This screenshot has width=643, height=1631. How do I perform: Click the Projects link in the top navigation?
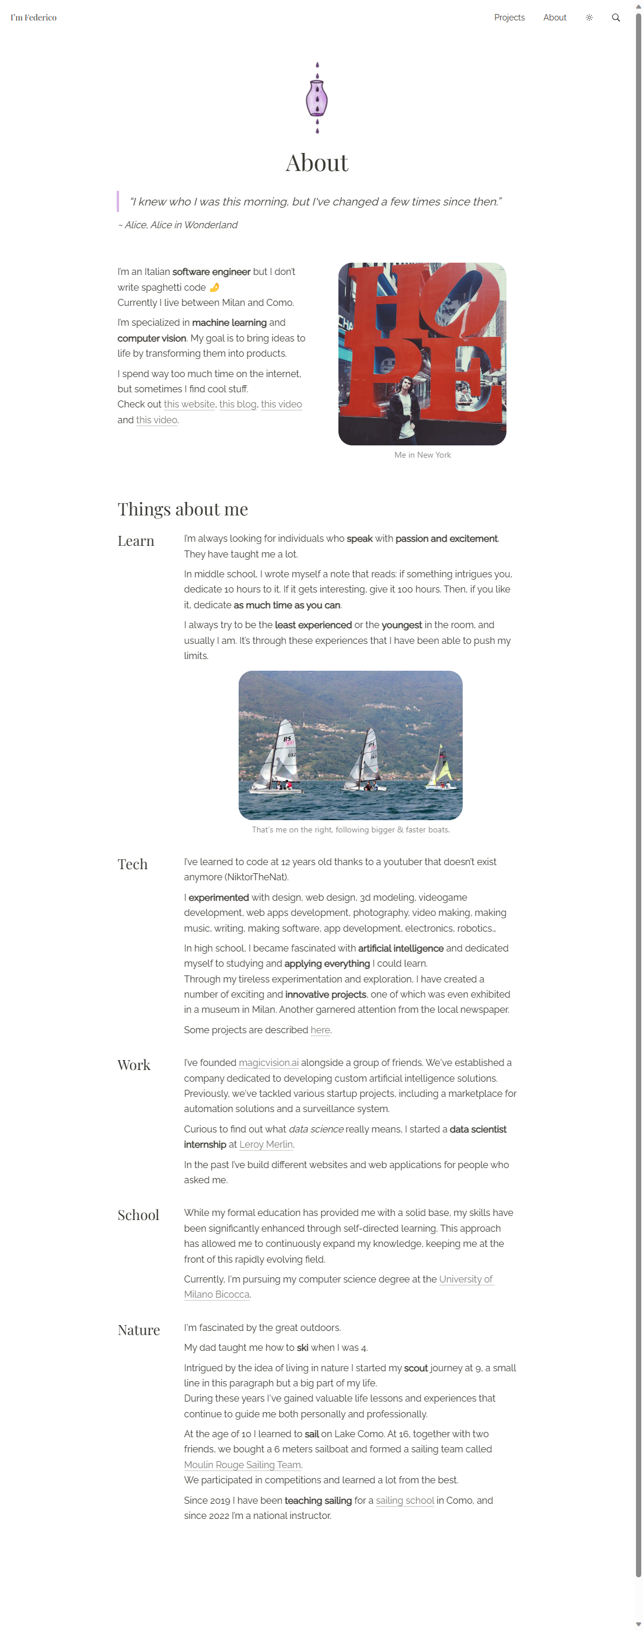(509, 18)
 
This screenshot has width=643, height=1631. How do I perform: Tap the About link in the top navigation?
(554, 18)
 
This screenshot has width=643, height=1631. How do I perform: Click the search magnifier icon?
(615, 18)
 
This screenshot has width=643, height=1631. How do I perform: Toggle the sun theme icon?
(589, 18)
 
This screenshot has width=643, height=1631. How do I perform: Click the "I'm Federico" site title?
(33, 18)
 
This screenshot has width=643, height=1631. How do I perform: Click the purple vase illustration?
(317, 98)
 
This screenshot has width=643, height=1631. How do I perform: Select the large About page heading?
(317, 163)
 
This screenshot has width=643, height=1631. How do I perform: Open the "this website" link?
(189, 404)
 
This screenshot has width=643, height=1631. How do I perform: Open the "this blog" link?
(237, 404)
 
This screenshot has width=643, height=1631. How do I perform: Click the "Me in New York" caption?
(422, 455)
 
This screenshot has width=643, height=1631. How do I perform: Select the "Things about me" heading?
(182, 509)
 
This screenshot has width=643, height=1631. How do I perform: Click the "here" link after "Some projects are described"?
(320, 1030)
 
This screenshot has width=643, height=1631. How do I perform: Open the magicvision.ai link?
(268, 1062)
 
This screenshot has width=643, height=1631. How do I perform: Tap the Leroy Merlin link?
(266, 1144)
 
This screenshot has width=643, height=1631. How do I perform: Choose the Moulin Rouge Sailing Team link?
(242, 1465)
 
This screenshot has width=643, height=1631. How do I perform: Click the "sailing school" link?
(404, 1500)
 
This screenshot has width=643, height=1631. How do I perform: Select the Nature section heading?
(139, 1330)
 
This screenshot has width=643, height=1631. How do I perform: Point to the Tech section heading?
(132, 865)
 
